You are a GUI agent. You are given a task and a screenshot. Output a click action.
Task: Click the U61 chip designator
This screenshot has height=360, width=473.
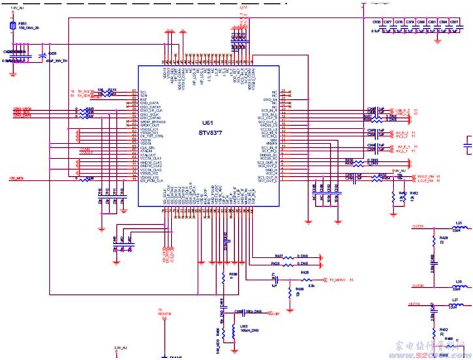click(x=206, y=123)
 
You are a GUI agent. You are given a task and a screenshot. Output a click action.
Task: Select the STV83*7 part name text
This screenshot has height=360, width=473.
click(x=208, y=133)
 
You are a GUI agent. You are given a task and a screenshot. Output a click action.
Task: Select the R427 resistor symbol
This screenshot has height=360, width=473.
click(x=288, y=257)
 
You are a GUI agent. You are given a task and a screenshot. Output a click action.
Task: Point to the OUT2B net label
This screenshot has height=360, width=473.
click(x=419, y=286)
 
